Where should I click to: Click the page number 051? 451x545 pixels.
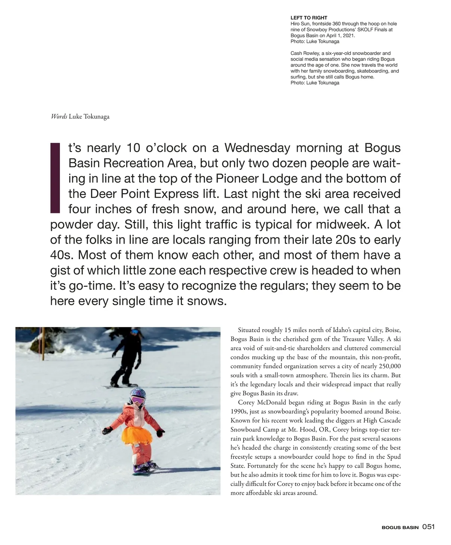428,527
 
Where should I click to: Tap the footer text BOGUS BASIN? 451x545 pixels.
400,527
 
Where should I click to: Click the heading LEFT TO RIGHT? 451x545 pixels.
309,18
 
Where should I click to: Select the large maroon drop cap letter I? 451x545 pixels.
55,177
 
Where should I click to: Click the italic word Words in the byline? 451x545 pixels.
59,117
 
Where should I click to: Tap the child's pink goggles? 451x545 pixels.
137,400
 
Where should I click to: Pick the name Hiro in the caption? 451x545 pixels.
295,24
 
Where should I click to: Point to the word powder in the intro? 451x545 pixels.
70,225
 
